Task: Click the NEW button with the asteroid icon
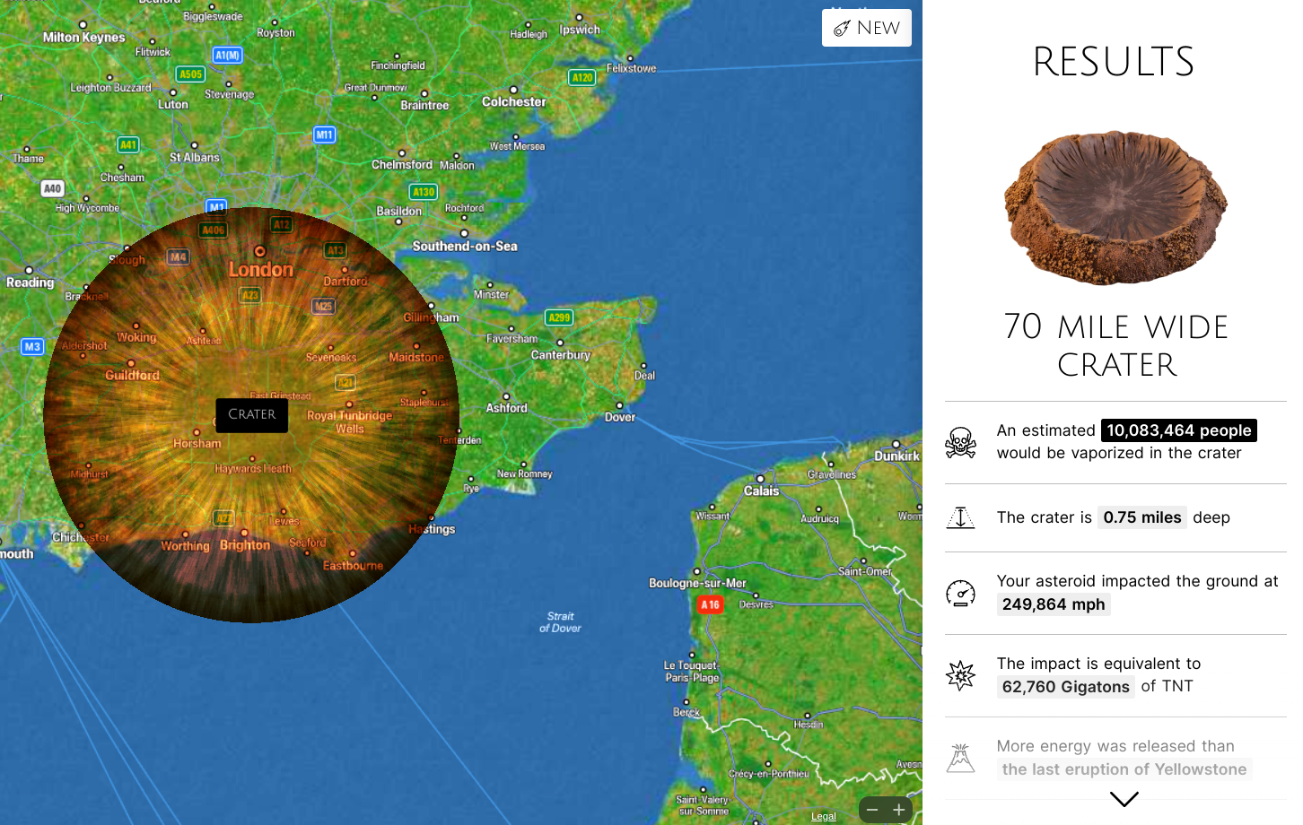pyautogui.click(x=866, y=28)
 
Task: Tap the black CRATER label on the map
pyautogui.click(x=251, y=414)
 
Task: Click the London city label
pyautogui.click(x=260, y=269)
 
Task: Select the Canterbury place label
pyautogui.click(x=561, y=355)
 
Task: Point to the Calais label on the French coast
pyautogui.click(x=762, y=491)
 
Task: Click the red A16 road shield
pyautogui.click(x=710, y=604)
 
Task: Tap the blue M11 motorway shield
pyautogui.click(x=324, y=135)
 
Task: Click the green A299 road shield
pyautogui.click(x=559, y=317)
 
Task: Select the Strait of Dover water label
pyautogui.click(x=560, y=622)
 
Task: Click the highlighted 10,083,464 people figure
pyautogui.click(x=1178, y=430)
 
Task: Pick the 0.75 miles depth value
pyautogui.click(x=1141, y=517)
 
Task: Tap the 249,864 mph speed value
pyautogui.click(x=1054, y=604)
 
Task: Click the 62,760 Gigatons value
pyautogui.click(x=1065, y=687)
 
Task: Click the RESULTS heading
pyautogui.click(x=1113, y=62)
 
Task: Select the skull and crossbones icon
pyautogui.click(x=960, y=442)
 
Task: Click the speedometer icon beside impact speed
pyautogui.click(x=960, y=594)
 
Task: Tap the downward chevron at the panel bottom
pyautogui.click(x=1124, y=798)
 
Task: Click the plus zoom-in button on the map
pyautogui.click(x=899, y=810)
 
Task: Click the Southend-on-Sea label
pyautogui.click(x=464, y=246)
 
